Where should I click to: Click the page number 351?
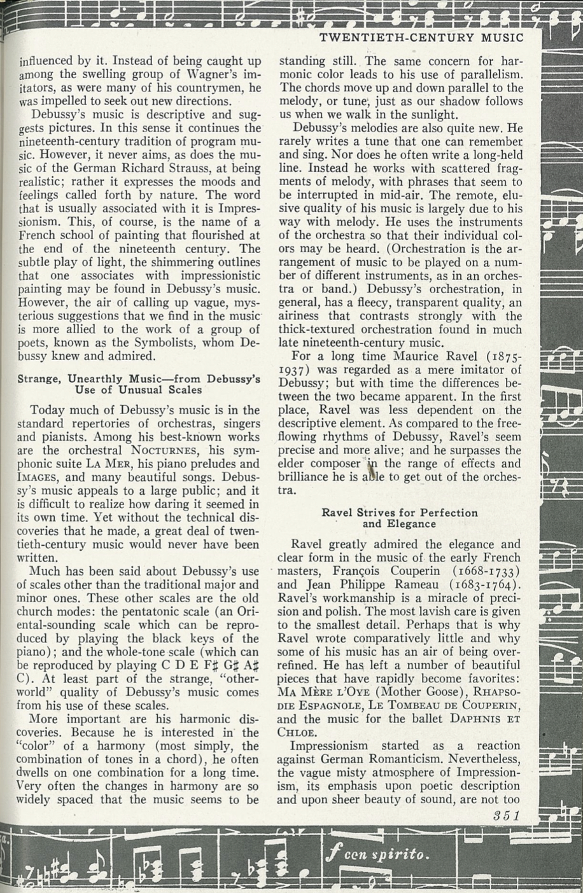pos(507,815)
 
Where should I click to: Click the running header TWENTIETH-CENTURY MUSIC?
pos(421,38)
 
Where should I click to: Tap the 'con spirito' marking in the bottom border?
pos(376,854)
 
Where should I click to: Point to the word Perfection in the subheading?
pos(447,513)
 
